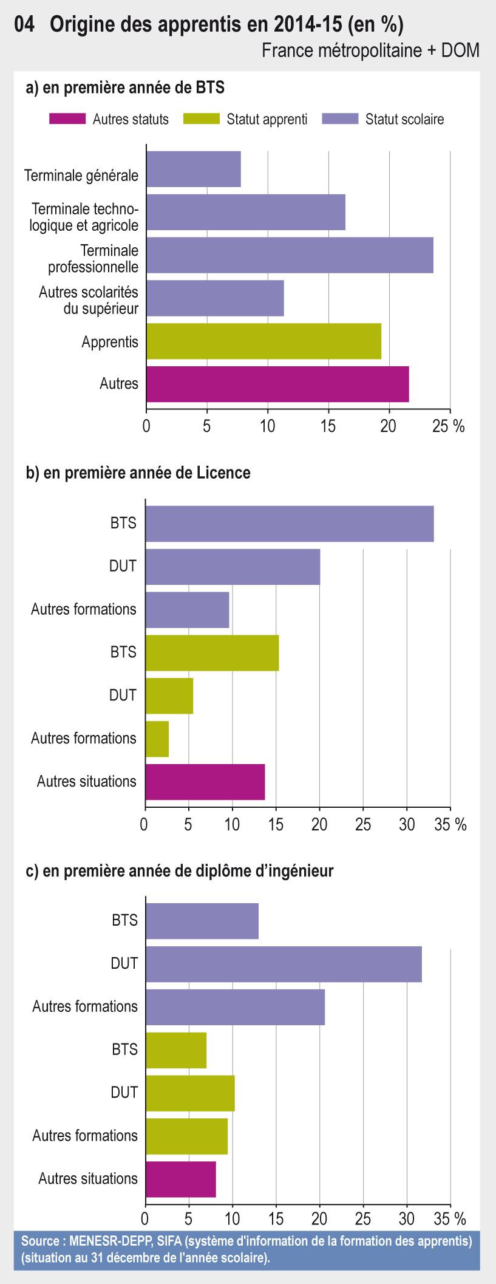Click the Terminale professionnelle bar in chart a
[290, 255]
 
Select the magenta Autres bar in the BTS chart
[277, 384]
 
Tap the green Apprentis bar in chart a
[263, 341]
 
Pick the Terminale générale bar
[193, 169]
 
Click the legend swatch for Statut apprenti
[201, 119]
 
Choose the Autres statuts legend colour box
[67, 119]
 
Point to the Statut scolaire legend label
[404, 119]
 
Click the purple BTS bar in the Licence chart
[290, 523]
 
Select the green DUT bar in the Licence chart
[169, 695]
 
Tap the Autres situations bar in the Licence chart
[205, 782]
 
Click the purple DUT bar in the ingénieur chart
[284, 963]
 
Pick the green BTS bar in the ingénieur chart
[176, 1050]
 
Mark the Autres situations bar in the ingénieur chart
[181, 1179]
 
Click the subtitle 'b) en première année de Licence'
[138, 473]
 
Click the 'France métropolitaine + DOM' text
[370, 50]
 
